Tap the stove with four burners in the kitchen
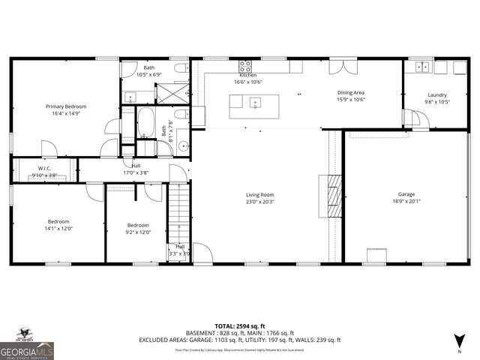[x=245, y=65]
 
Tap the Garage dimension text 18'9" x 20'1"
[x=406, y=202]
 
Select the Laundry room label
[x=437, y=95]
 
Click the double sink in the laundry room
[x=423, y=67]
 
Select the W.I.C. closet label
[x=44, y=168]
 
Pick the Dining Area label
[x=350, y=92]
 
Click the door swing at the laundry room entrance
[x=412, y=119]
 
